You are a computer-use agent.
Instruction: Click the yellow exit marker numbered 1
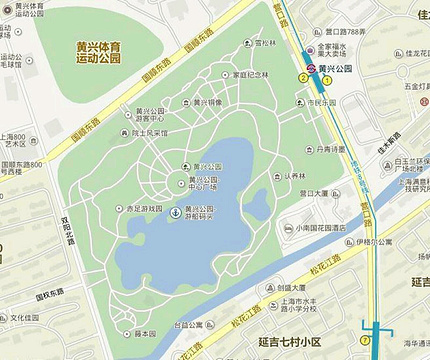coord(326,79)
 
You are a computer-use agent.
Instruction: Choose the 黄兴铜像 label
coord(208,101)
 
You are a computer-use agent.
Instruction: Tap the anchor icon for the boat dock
coord(176,213)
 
